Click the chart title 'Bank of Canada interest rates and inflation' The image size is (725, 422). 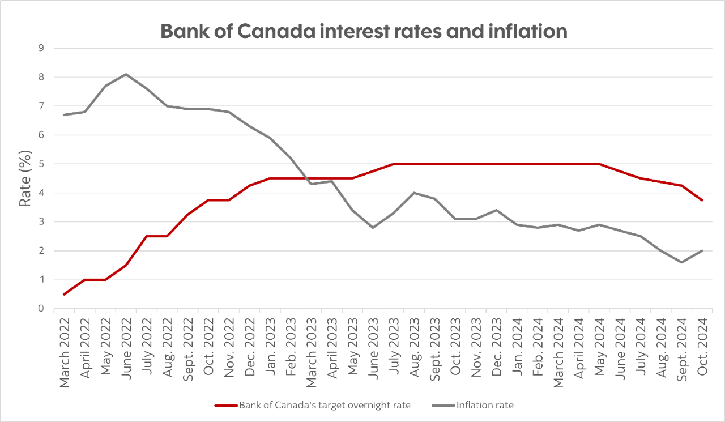pos(364,31)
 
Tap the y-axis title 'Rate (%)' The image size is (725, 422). pos(25,178)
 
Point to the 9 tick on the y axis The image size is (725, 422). pos(41,48)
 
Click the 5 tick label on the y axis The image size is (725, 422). pos(41,164)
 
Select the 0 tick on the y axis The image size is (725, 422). pos(41,309)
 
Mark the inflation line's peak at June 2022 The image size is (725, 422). pos(126,74)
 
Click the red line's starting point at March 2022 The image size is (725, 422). pos(65,294)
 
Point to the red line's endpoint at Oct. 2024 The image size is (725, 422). pos(702,200)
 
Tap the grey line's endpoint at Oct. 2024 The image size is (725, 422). pos(702,250)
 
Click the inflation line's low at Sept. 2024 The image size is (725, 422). pos(681,262)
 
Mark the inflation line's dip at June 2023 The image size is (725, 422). pos(372,227)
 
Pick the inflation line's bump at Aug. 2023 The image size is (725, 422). pos(413,193)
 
